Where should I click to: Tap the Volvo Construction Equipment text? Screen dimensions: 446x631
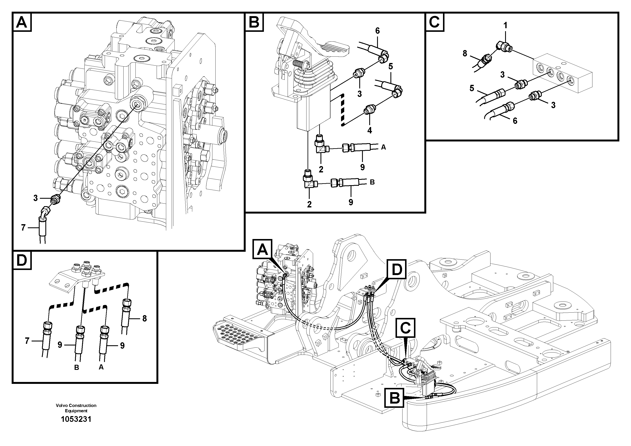point(76,408)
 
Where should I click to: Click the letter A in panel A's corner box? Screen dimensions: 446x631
point(22,22)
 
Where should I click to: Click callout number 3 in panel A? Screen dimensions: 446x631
point(35,198)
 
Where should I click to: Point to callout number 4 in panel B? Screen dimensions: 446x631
point(370,130)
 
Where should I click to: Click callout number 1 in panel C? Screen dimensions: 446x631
point(505,26)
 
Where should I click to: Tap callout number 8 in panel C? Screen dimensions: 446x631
point(465,53)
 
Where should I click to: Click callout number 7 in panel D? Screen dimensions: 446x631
point(27,341)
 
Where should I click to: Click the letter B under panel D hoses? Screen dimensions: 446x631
point(77,367)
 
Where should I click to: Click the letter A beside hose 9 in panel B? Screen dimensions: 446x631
point(383,147)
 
